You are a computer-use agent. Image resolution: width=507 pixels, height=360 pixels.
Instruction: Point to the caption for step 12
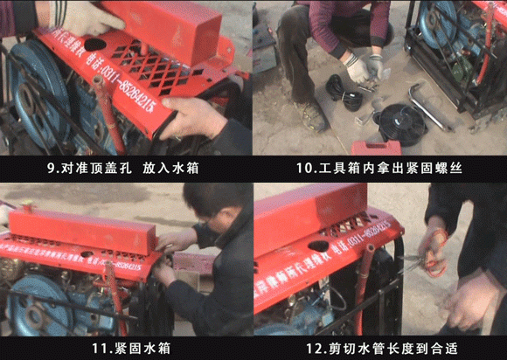[381, 349]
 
